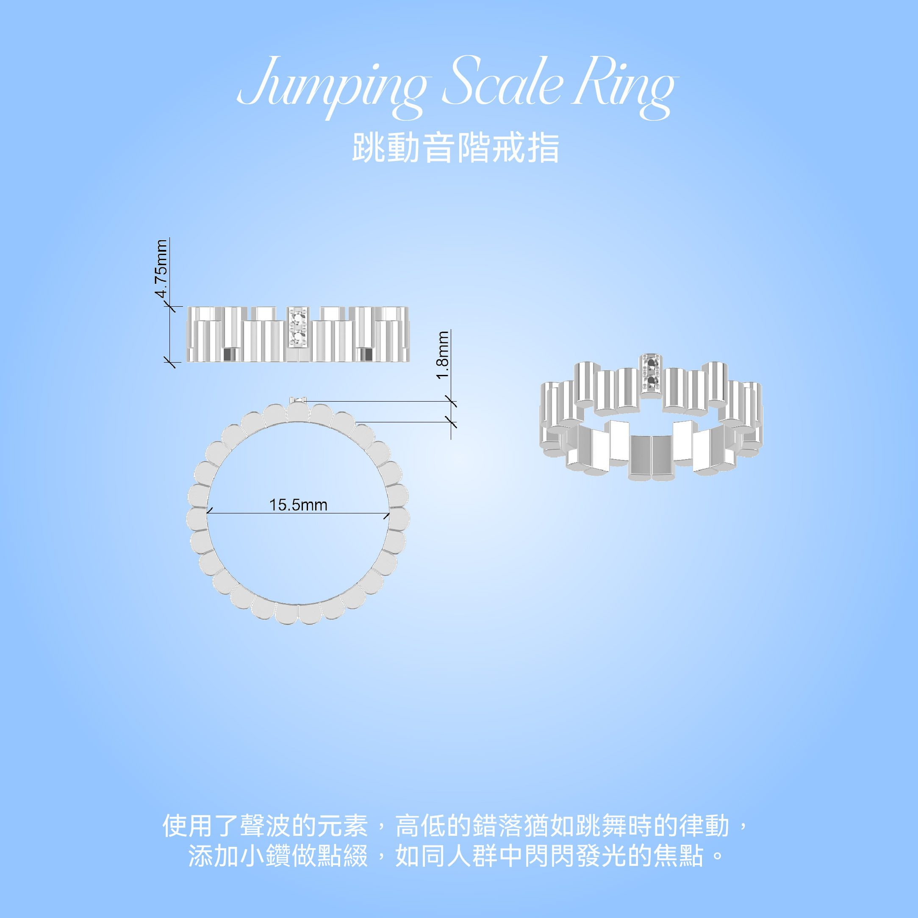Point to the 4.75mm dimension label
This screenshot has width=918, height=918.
coord(161,269)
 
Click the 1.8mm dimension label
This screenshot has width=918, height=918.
coord(442,355)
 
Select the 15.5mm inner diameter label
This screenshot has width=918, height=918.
coord(298,505)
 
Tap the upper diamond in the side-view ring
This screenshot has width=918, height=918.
coord(298,317)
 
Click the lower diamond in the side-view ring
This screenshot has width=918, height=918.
coord(298,337)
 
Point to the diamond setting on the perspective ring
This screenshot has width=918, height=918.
coord(652,373)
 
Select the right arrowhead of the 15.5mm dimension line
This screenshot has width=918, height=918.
coord(387,515)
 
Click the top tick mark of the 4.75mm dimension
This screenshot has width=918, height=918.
coord(169,307)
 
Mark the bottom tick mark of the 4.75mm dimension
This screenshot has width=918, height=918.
coord(169,363)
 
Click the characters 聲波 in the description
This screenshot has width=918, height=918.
coord(265,826)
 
